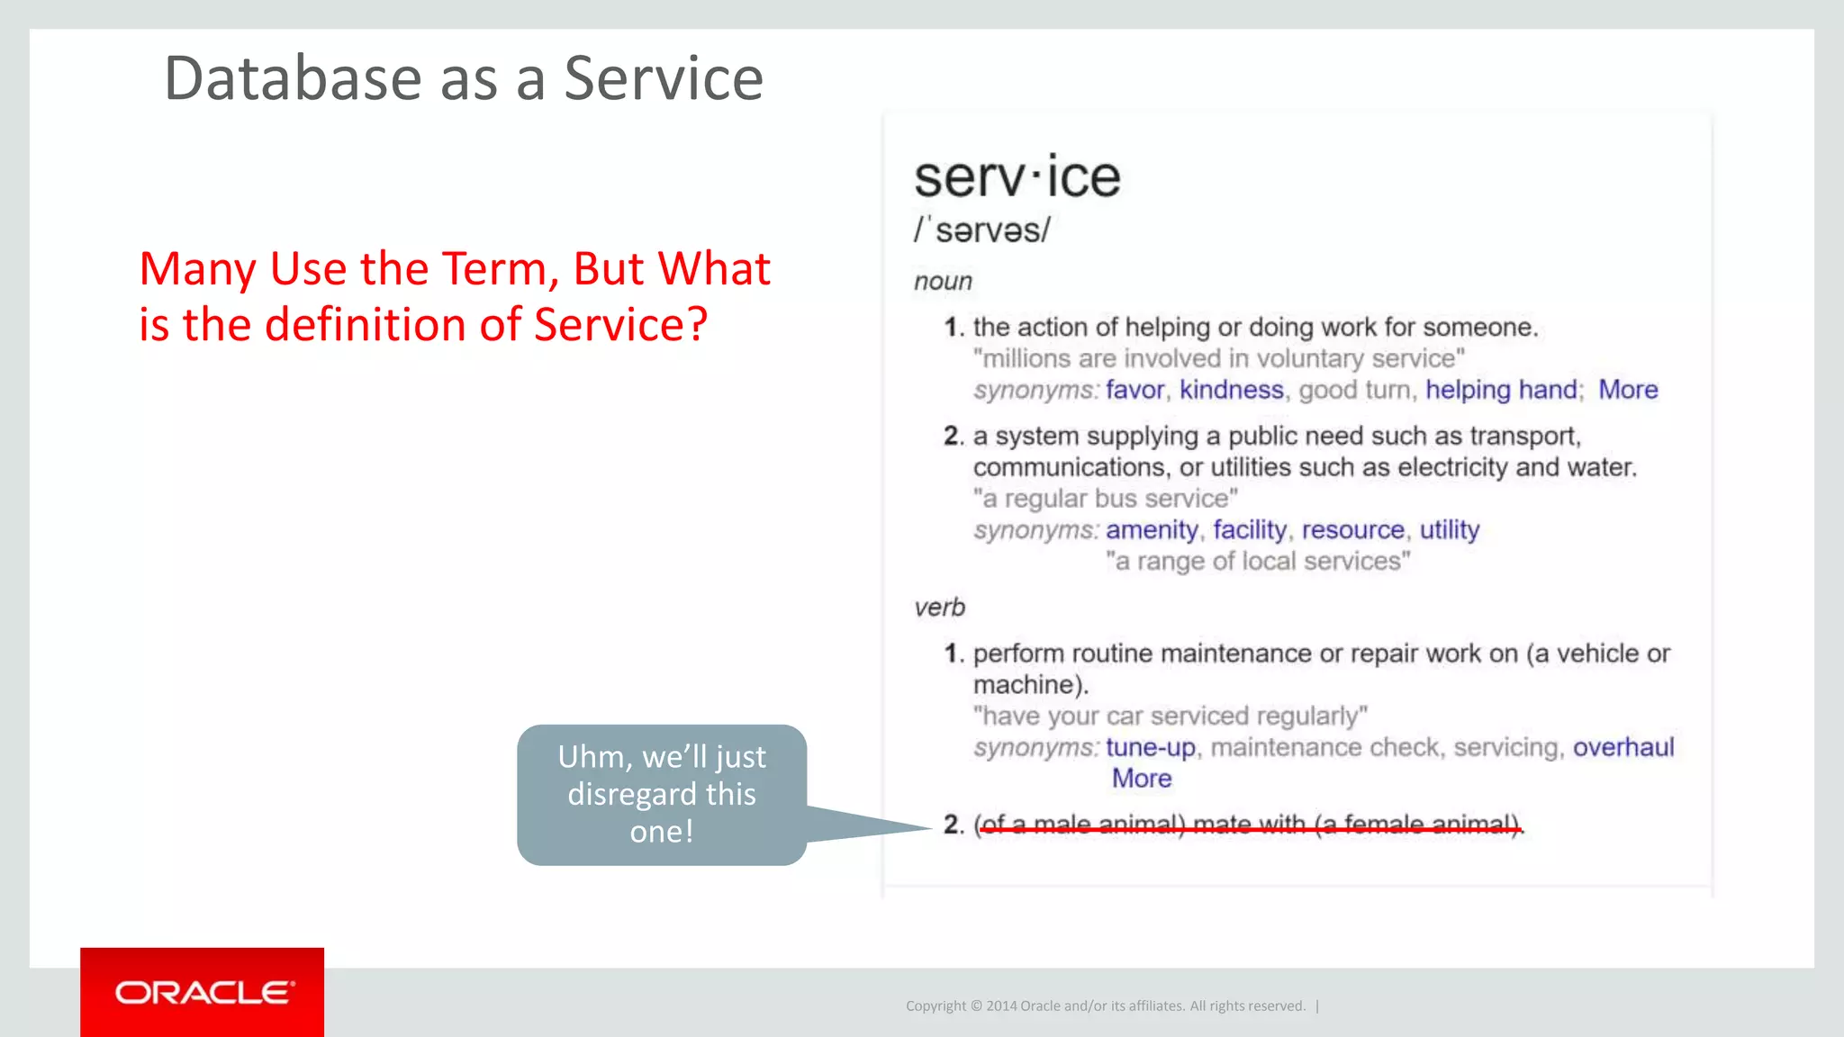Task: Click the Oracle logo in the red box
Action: pyautogui.click(x=204, y=992)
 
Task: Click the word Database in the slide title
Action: pyautogui.click(x=293, y=78)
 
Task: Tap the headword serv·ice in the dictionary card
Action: pyautogui.click(x=1017, y=177)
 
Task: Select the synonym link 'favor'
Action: pyautogui.click(x=1134, y=390)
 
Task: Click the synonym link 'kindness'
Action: pyautogui.click(x=1231, y=390)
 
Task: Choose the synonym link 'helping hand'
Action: pyautogui.click(x=1501, y=390)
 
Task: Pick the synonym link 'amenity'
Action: pyautogui.click(x=1152, y=530)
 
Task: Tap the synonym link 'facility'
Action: pyautogui.click(x=1249, y=530)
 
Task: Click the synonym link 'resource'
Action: pyautogui.click(x=1352, y=530)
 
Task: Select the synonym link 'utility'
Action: pyautogui.click(x=1449, y=530)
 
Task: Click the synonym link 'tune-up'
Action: pyautogui.click(x=1150, y=748)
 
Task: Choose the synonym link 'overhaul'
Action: pyautogui.click(x=1623, y=748)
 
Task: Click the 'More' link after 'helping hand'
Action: pyautogui.click(x=1627, y=390)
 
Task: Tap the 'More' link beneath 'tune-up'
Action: pyautogui.click(x=1141, y=779)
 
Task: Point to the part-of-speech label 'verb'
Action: pyautogui.click(x=939, y=608)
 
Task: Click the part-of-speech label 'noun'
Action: pyautogui.click(x=943, y=282)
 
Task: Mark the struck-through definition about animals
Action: pyautogui.click(x=1249, y=825)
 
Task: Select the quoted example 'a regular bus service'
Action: pyautogui.click(x=1105, y=499)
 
